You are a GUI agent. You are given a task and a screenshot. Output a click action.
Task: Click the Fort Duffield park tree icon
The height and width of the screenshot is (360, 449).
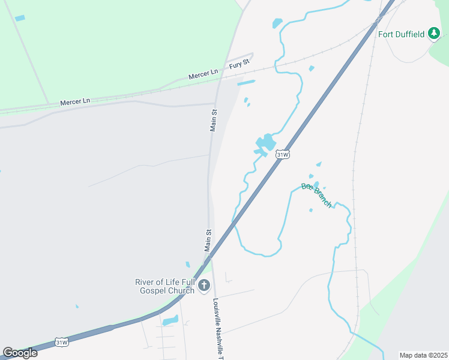[434, 34]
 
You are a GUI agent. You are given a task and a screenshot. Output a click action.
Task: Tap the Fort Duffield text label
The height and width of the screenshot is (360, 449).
[402, 34]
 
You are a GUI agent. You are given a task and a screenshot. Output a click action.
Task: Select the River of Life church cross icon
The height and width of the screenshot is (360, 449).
[204, 286]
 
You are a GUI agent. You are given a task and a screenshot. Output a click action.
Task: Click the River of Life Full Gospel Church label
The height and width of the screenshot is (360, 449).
[165, 286]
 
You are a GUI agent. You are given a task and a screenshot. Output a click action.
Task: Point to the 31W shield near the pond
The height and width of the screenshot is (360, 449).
[283, 154]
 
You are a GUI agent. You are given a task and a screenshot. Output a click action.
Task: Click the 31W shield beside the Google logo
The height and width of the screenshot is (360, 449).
[61, 342]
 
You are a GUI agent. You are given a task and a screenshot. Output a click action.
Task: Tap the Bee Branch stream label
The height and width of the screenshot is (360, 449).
[316, 195]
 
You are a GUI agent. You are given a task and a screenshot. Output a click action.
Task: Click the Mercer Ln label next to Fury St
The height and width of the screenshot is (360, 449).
[203, 74]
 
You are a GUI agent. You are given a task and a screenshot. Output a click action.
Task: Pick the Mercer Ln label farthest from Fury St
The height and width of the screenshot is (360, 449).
[74, 102]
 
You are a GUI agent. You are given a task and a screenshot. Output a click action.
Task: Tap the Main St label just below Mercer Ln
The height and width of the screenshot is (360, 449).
[213, 119]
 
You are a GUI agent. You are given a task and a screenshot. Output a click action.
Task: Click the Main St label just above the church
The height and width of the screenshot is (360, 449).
[208, 240]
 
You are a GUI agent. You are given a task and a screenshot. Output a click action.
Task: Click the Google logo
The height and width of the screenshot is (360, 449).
[20, 353]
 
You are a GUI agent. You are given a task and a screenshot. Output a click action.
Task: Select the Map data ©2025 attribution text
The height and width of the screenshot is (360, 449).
[423, 355]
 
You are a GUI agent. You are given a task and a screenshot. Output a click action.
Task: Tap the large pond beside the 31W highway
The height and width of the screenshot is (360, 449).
[265, 143]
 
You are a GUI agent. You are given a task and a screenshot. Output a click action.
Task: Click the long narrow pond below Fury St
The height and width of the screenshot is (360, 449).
[246, 83]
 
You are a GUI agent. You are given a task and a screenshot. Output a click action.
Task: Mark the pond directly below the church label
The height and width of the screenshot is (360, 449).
[170, 320]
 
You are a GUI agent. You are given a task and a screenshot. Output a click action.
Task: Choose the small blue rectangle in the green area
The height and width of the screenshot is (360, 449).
[20, 19]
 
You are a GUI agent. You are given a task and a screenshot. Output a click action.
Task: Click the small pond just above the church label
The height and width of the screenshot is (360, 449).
[188, 264]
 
